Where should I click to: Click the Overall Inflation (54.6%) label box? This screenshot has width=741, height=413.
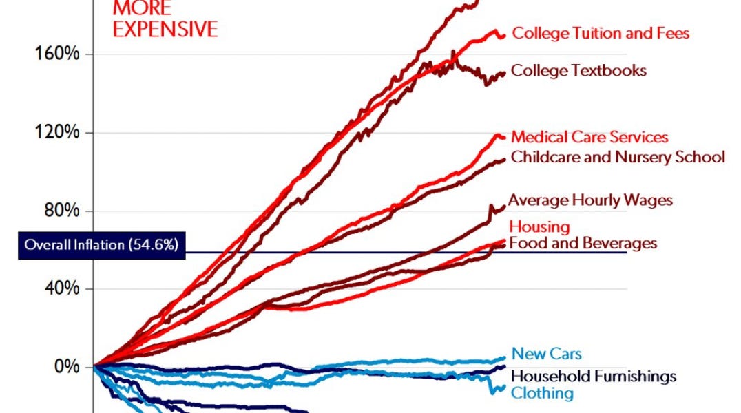click(x=102, y=245)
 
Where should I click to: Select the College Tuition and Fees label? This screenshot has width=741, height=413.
click(x=601, y=33)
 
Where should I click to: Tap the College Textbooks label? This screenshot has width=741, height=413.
click(x=578, y=70)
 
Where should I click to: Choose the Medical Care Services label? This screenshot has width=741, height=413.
click(x=589, y=138)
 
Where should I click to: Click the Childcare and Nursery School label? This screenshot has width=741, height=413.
click(x=618, y=157)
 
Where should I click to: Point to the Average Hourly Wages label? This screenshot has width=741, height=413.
click(x=590, y=200)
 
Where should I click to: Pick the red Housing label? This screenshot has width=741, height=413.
click(x=539, y=226)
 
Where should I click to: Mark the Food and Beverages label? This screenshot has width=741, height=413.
click(x=583, y=243)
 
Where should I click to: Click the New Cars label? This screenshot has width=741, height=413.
click(x=546, y=354)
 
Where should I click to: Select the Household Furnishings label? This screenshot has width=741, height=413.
click(x=594, y=376)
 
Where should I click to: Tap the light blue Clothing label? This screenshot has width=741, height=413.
click(x=542, y=393)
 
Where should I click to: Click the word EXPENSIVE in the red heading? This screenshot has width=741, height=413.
click(x=165, y=29)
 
